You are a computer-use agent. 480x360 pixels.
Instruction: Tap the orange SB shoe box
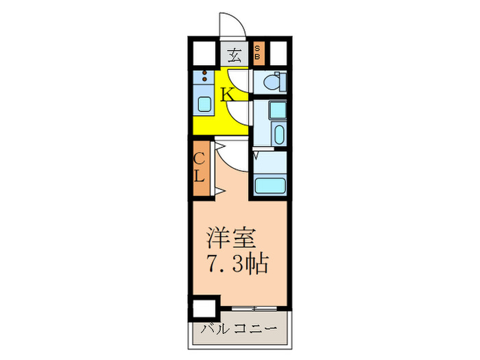[258, 53]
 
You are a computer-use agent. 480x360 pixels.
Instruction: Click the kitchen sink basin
[204, 104]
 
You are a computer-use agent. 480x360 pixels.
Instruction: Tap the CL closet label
[199, 167]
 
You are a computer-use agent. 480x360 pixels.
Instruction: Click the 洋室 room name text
[231, 239]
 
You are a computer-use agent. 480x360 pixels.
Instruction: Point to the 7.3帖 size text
[237, 262]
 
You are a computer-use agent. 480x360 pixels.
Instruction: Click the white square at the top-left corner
[202, 53]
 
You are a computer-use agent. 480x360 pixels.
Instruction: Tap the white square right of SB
[278, 53]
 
